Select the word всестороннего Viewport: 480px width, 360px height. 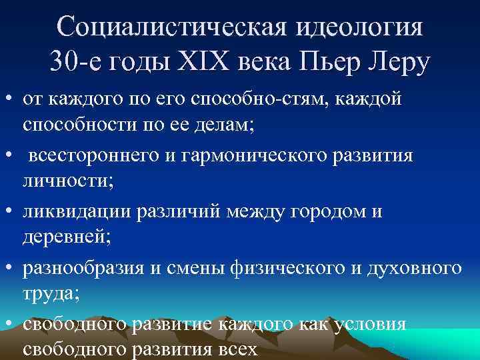pyautogui.click(x=85, y=155)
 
